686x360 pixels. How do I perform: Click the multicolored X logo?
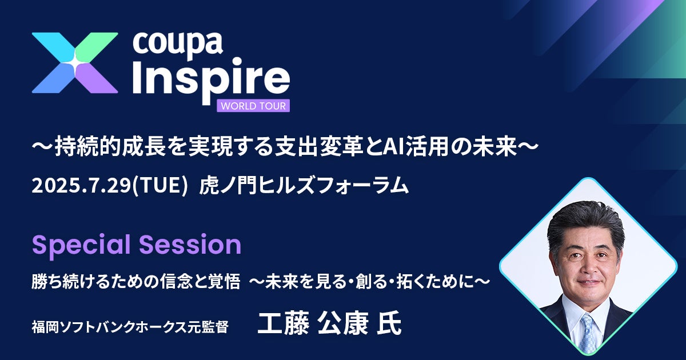(x=75, y=63)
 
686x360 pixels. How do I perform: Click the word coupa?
(x=178, y=45)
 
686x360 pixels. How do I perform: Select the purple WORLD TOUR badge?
(x=253, y=106)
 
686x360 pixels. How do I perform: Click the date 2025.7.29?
(x=81, y=186)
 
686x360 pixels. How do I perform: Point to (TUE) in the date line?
(x=160, y=186)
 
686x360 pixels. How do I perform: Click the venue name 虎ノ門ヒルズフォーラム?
(x=304, y=186)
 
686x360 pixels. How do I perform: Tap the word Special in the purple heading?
(x=81, y=245)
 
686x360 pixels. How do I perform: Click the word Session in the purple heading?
(x=190, y=245)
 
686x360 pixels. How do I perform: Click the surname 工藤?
(x=284, y=323)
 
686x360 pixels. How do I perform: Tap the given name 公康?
(x=342, y=323)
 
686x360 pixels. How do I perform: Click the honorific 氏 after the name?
(x=389, y=323)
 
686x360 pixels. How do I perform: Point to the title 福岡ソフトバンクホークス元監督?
(x=130, y=327)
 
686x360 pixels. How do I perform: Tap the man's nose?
(x=588, y=266)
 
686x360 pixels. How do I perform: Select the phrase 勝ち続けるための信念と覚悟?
(x=135, y=282)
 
